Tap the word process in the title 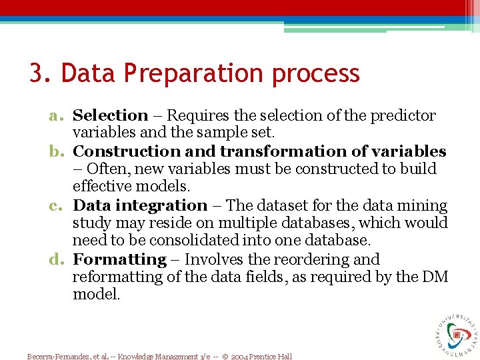[x=315, y=73]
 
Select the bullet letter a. [x=57, y=116]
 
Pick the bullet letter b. [x=57, y=152]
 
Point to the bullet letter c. [x=57, y=206]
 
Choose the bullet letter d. [x=57, y=260]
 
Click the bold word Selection [x=110, y=116]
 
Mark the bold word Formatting [x=119, y=260]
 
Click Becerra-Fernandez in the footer [x=55, y=357]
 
